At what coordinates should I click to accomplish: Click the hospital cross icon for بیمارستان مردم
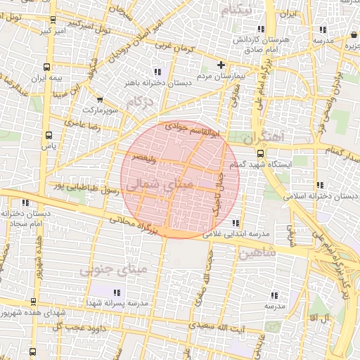(221, 65)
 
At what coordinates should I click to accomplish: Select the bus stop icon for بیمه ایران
(46, 67)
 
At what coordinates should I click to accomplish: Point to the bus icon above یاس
(49, 135)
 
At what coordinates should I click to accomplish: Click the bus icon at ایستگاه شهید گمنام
(260, 153)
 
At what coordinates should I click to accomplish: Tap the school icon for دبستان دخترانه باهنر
(156, 72)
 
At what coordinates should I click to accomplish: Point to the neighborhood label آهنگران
(266, 137)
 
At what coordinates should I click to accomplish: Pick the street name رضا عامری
(84, 124)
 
